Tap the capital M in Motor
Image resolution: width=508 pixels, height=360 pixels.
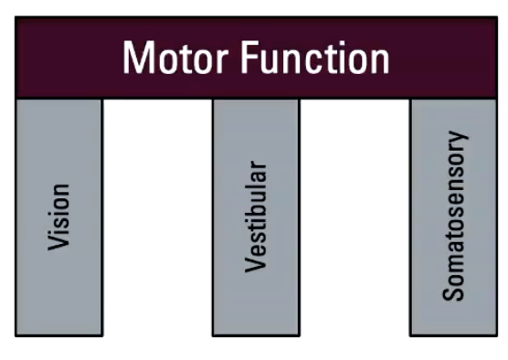(139, 58)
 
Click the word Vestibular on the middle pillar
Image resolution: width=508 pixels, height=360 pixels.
(257, 217)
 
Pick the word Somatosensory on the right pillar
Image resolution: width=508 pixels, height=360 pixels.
(453, 216)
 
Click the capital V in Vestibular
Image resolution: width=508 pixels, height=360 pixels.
(257, 265)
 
